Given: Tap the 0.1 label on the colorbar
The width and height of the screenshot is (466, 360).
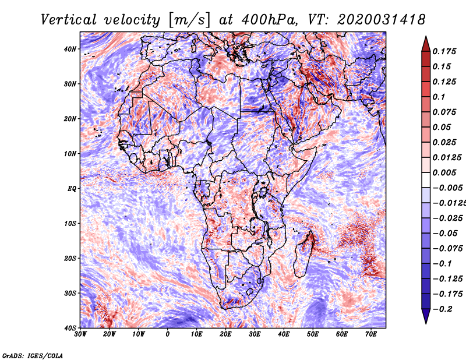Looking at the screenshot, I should click(x=439, y=97).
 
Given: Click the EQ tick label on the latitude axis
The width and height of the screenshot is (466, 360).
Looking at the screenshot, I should click(x=71, y=189).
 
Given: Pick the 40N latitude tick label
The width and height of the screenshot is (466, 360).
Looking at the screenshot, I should click(x=70, y=49).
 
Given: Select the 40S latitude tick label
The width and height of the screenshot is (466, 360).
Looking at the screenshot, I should click(x=70, y=328).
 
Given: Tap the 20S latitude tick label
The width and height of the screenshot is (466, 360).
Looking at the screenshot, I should click(x=70, y=258).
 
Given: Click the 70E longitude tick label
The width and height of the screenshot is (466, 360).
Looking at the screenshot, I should click(x=371, y=334).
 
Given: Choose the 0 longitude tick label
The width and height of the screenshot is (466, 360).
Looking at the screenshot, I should click(x=168, y=334).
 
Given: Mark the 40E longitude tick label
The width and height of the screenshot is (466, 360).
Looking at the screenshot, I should click(x=284, y=334).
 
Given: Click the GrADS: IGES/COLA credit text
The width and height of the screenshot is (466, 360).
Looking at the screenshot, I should click(x=32, y=354).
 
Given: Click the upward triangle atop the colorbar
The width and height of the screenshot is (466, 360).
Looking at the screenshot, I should click(x=426, y=42).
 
